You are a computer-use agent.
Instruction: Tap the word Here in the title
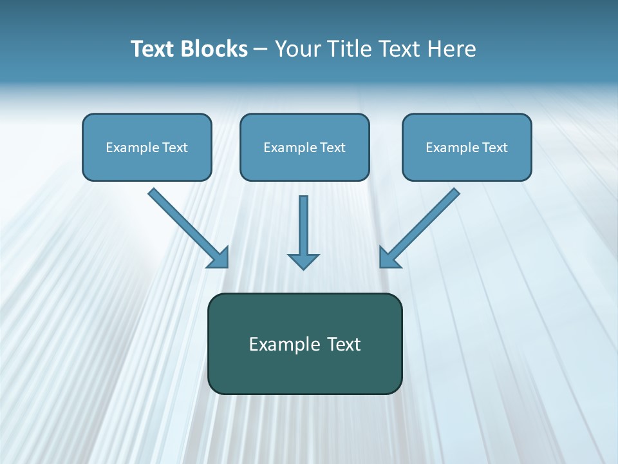[x=453, y=49]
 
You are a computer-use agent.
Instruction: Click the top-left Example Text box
[x=147, y=148]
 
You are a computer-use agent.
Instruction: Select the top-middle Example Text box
[x=304, y=148]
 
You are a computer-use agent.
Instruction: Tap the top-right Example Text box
[x=467, y=148]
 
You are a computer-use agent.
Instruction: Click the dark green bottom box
[x=304, y=343]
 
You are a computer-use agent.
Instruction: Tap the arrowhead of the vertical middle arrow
[x=303, y=261]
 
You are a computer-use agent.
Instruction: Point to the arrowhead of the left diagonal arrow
[x=220, y=258]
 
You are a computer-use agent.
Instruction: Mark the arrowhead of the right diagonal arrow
[x=388, y=258]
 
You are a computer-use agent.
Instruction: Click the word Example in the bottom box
[x=285, y=344]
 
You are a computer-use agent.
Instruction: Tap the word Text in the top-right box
[x=494, y=148]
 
